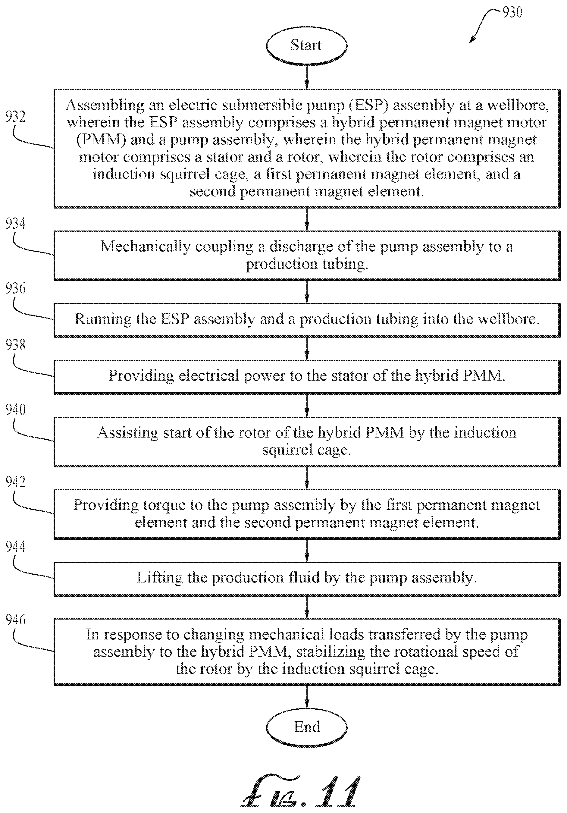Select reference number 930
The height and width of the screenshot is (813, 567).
pos(512,12)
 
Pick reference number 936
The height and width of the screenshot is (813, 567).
pos(16,289)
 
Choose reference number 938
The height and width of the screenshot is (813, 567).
pos(16,345)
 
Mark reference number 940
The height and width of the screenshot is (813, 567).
pos(16,410)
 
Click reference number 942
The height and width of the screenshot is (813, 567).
pos(16,482)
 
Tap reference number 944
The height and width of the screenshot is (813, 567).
pos(16,546)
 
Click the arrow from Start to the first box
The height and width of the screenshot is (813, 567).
pos(307,77)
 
